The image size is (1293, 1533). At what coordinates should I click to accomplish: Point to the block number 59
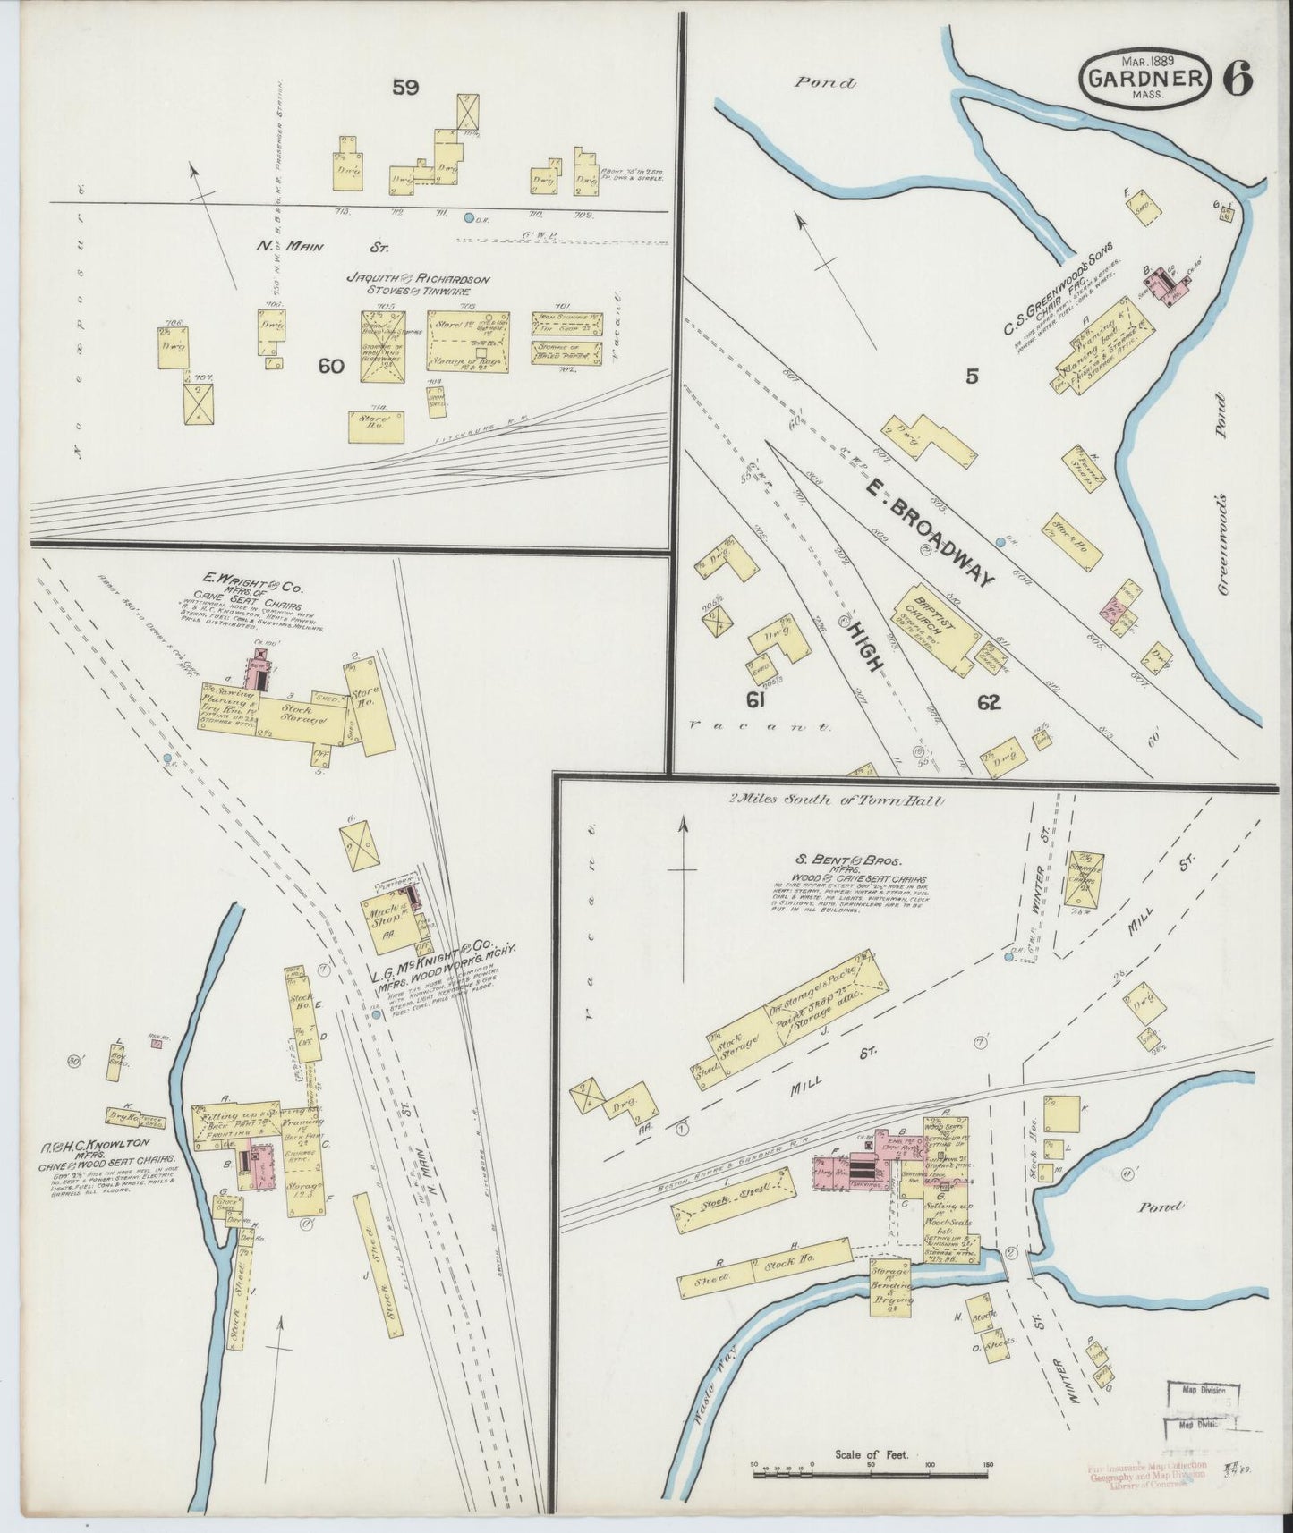click(x=405, y=87)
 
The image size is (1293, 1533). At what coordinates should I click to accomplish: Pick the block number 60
click(x=330, y=365)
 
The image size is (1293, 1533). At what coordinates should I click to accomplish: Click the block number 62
click(x=988, y=703)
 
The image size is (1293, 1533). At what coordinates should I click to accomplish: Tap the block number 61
click(x=755, y=700)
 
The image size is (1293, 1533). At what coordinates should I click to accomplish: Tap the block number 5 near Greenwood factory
click(x=972, y=377)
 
